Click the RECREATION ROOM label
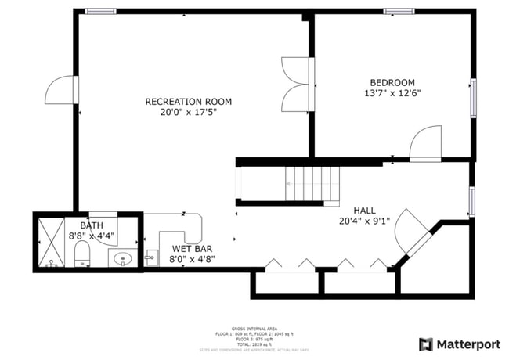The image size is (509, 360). (x=189, y=102)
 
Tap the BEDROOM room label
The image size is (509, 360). (x=392, y=83)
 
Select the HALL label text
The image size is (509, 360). (x=364, y=211)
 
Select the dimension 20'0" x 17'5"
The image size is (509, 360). (x=189, y=113)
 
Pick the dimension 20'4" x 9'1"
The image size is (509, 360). (x=365, y=221)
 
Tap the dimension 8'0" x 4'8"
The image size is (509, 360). (x=192, y=259)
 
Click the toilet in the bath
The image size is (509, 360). (x=81, y=254)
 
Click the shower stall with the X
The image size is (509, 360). (x=52, y=242)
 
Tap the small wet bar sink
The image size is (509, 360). (x=152, y=257)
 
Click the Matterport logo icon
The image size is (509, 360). (x=426, y=344)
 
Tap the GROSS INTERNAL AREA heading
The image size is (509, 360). (x=254, y=329)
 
